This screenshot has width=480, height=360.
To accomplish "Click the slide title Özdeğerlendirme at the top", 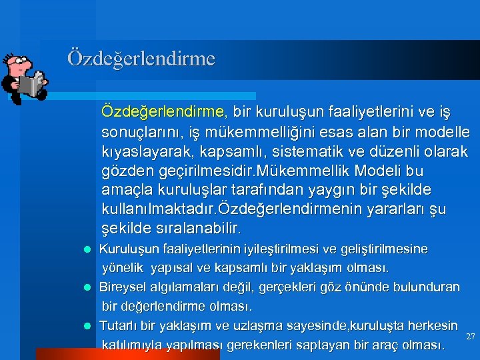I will tap(141, 59).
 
